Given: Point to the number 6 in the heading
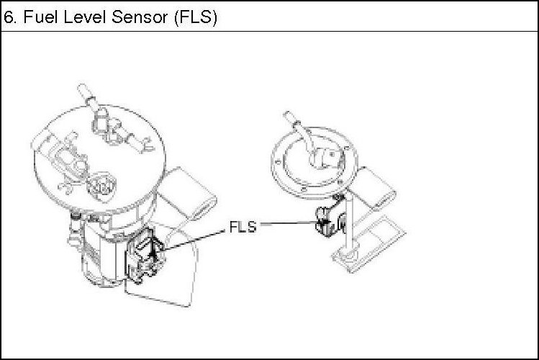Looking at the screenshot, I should tap(9, 17).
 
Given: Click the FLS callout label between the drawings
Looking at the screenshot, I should tap(243, 227).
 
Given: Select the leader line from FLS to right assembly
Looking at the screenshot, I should tap(288, 225).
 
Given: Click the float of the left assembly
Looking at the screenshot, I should tap(190, 190).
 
